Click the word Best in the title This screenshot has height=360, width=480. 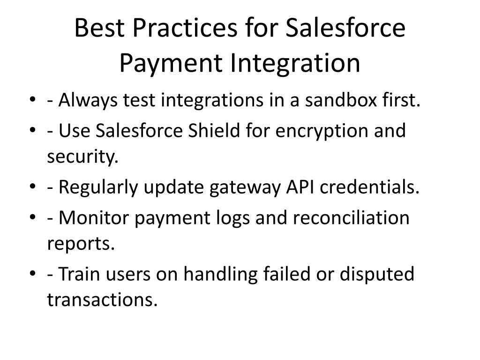99,28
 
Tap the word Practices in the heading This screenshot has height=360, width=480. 185,28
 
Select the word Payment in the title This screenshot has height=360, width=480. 171,64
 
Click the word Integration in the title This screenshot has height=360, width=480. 295,64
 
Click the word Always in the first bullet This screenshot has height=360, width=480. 88,101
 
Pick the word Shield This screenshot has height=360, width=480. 214,131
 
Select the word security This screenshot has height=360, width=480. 82,157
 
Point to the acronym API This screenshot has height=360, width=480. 300,187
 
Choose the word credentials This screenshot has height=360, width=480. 369,187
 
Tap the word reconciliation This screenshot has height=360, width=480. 351,218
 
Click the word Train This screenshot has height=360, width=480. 79,274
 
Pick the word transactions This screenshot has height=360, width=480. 102,300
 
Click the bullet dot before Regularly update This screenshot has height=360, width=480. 33,187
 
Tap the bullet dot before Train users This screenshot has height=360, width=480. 33,273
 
